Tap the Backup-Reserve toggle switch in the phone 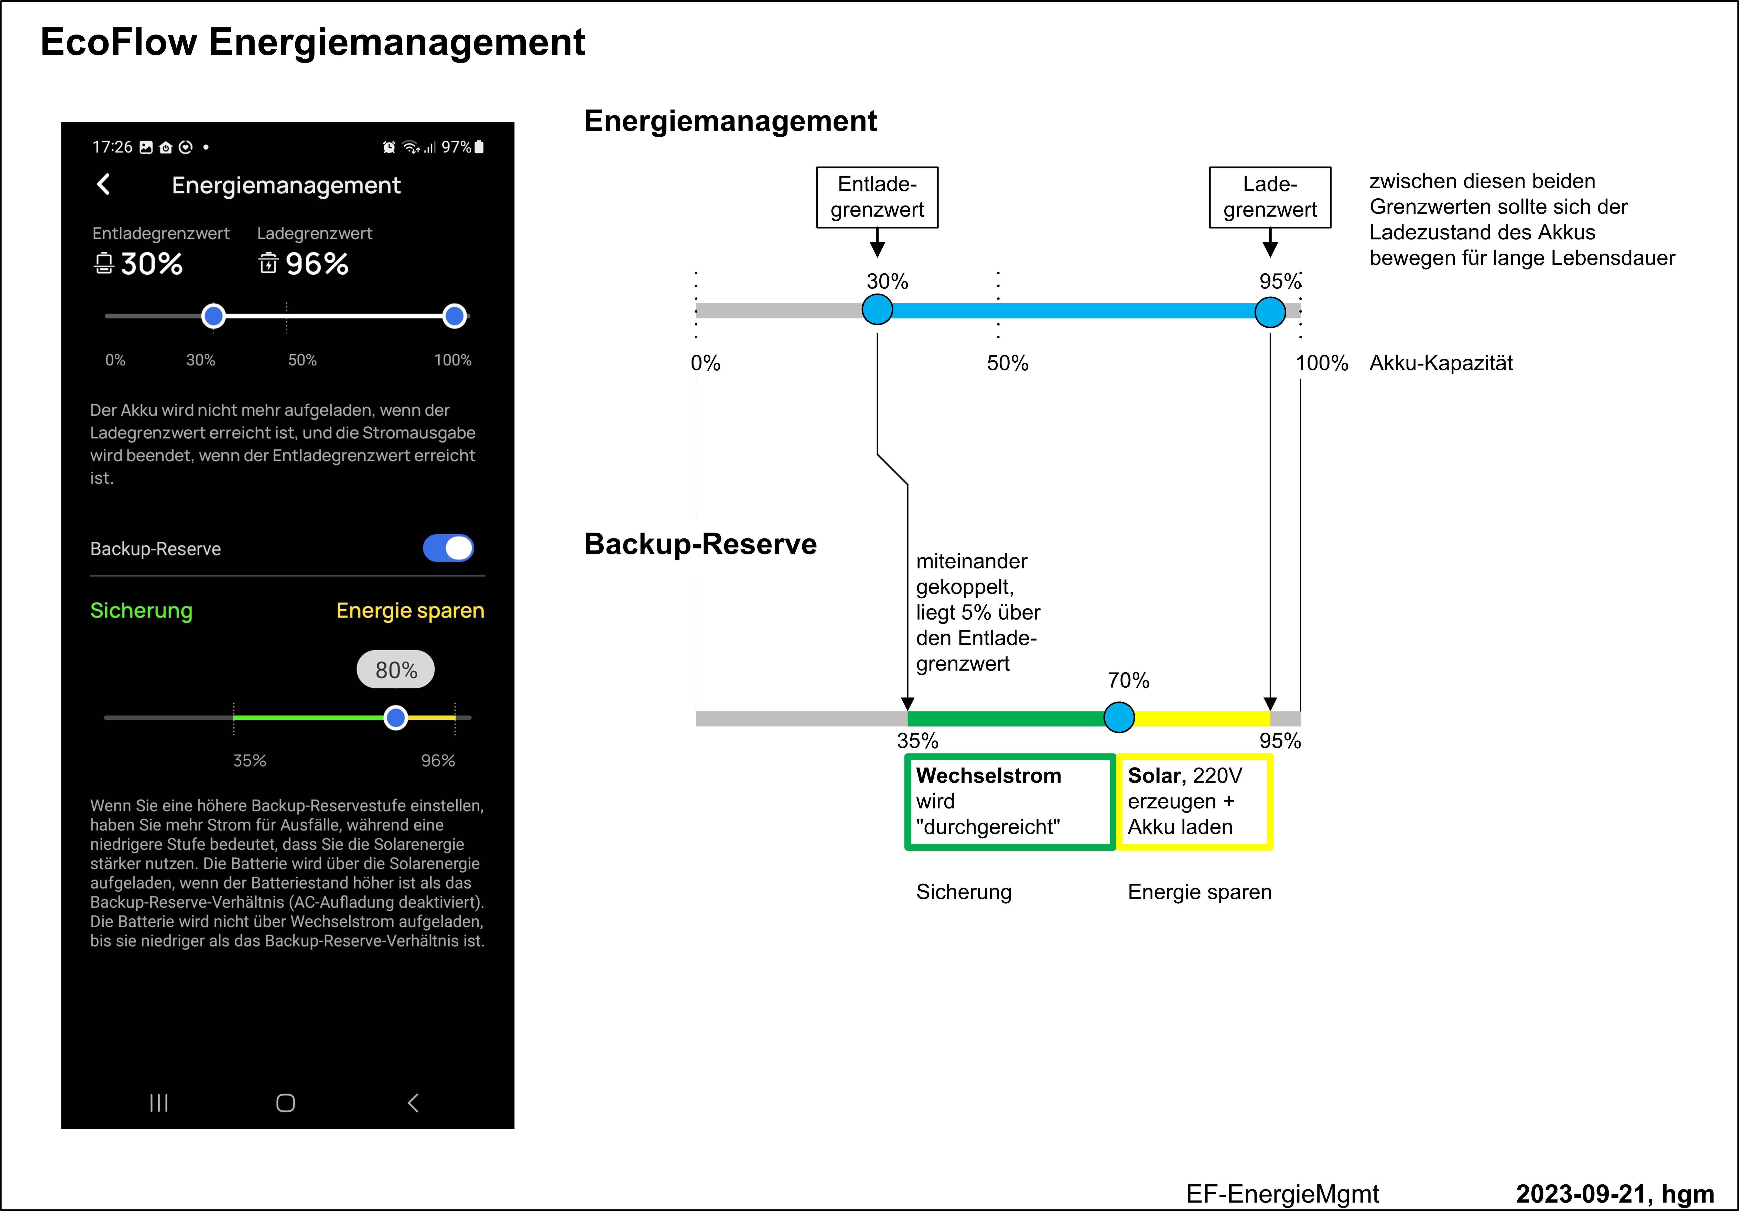point(448,548)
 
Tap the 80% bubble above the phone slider point(395,669)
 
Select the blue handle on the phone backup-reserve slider point(395,717)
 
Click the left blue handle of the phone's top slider point(214,316)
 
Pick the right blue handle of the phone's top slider point(455,316)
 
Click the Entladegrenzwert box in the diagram point(877,197)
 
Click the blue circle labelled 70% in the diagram point(1119,717)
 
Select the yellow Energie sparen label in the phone point(410,610)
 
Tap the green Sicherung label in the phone point(141,610)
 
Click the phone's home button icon point(286,1103)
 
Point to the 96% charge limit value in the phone point(317,264)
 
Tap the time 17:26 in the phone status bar point(112,147)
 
